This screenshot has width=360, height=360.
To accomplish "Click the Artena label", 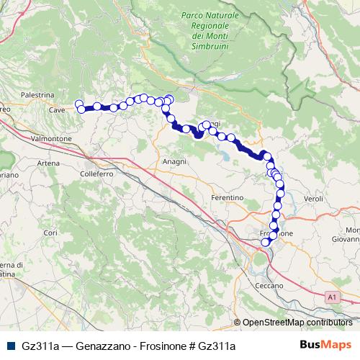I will (x=49, y=163).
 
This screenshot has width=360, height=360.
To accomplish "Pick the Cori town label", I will (x=50, y=233).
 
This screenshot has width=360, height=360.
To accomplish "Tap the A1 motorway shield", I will (x=331, y=296).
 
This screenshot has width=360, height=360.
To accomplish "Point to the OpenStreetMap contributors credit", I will (x=297, y=322).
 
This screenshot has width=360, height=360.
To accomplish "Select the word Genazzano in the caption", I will (x=99, y=346).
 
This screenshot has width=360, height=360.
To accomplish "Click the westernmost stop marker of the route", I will (x=79, y=104).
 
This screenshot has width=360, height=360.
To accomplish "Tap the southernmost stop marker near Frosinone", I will (x=265, y=242).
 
